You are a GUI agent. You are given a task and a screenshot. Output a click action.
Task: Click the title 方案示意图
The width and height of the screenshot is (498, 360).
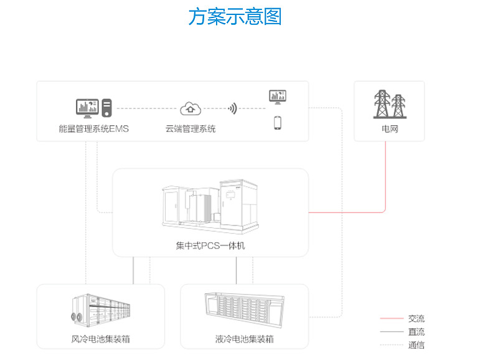tap(235, 17)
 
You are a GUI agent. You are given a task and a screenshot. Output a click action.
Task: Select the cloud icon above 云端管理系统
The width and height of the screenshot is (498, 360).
tap(190, 108)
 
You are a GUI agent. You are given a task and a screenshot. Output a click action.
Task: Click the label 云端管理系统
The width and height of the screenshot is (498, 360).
tap(190, 130)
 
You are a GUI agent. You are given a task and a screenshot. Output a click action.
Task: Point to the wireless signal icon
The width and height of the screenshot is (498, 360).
tap(233, 108)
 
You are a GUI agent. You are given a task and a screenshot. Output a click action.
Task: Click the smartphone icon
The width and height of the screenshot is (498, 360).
tap(278, 122)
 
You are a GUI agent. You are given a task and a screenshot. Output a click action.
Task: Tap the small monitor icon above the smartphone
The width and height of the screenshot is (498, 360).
tap(278, 97)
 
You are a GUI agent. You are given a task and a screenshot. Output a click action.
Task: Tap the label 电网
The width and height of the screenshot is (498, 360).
tap(390, 130)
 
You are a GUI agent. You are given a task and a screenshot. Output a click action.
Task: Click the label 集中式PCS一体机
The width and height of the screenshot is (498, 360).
tap(210, 246)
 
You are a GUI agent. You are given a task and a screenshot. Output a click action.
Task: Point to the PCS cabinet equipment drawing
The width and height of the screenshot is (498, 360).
tap(210, 206)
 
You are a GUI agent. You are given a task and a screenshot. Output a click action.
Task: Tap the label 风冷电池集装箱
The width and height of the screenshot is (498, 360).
tap(101, 339)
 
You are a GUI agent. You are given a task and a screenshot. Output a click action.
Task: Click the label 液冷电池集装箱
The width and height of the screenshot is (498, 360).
tap(244, 339)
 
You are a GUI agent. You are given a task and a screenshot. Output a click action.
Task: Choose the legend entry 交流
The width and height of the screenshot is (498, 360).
tap(416, 319)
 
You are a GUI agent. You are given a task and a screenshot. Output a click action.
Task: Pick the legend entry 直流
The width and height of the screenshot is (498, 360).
tap(416, 332)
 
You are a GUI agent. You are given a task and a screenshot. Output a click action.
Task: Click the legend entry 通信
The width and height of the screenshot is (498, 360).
tap(416, 345)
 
